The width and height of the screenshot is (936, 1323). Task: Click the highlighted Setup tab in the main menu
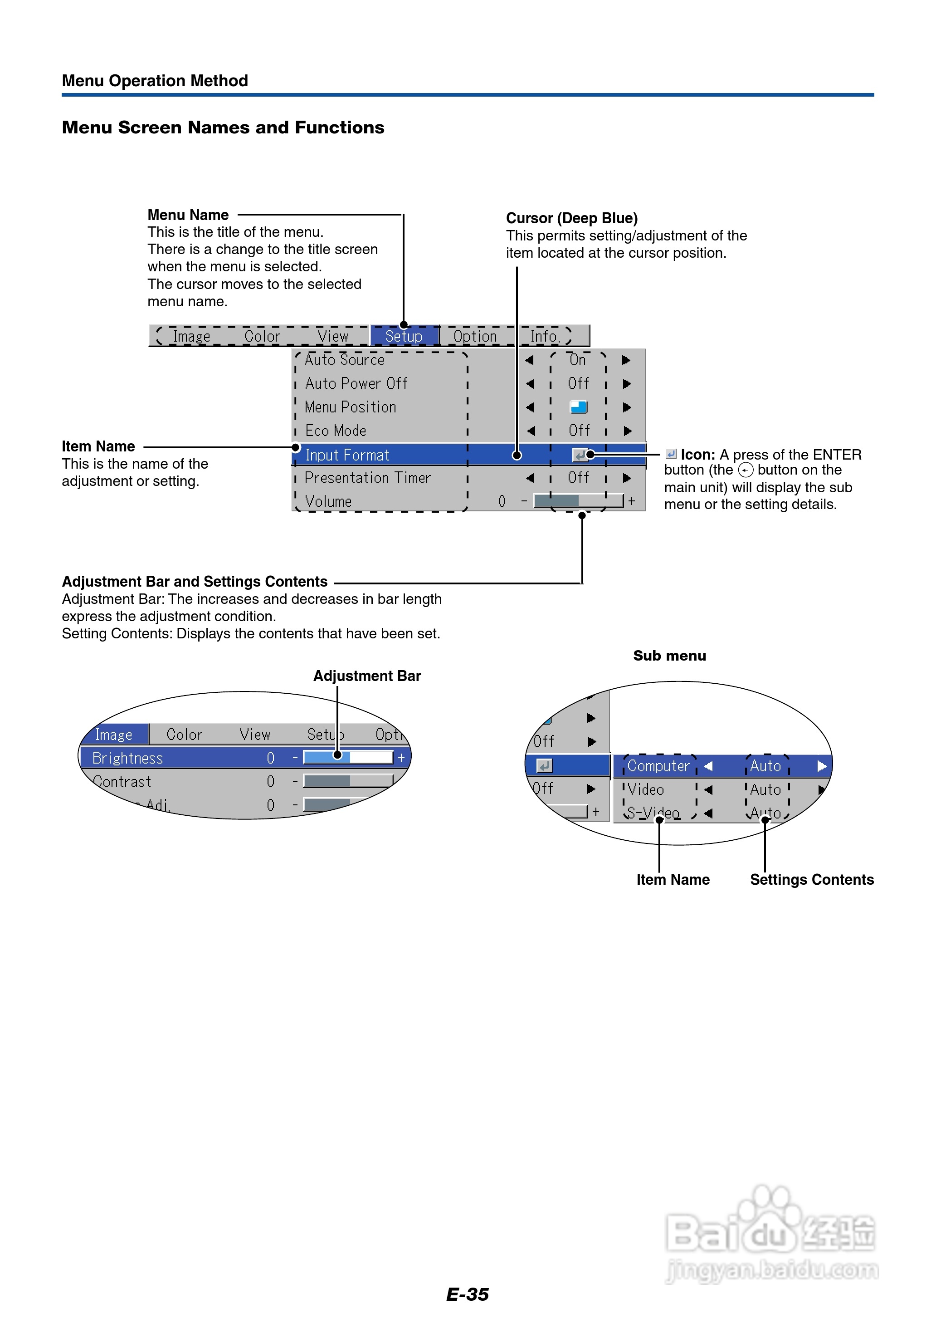[x=404, y=336]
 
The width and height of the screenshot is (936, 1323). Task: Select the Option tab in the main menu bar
[x=475, y=336]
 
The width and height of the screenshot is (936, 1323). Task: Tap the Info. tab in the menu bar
[x=545, y=336]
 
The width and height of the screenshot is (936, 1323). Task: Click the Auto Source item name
[x=344, y=360]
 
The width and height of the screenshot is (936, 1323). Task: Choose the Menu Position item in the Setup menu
[x=350, y=407]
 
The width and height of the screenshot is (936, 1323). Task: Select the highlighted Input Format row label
[x=347, y=455]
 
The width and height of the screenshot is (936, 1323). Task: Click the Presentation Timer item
[x=367, y=478]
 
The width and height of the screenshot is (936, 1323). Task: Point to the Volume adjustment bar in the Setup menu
[x=578, y=501]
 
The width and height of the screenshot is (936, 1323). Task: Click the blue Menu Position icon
[x=579, y=407]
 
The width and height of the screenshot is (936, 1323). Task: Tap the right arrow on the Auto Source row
[x=627, y=360]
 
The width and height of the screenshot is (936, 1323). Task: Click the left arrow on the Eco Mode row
[x=530, y=431]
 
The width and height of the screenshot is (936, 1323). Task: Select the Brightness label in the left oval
[x=127, y=758]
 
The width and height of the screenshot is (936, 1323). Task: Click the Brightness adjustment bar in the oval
[x=348, y=758]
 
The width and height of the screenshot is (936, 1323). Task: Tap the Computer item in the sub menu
[x=658, y=766]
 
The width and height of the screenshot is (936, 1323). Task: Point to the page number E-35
[x=468, y=1294]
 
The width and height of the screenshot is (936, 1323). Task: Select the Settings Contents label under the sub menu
[x=811, y=880]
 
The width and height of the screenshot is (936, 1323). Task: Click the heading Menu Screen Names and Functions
[x=223, y=127]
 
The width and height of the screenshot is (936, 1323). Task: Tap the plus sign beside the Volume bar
[x=632, y=501]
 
